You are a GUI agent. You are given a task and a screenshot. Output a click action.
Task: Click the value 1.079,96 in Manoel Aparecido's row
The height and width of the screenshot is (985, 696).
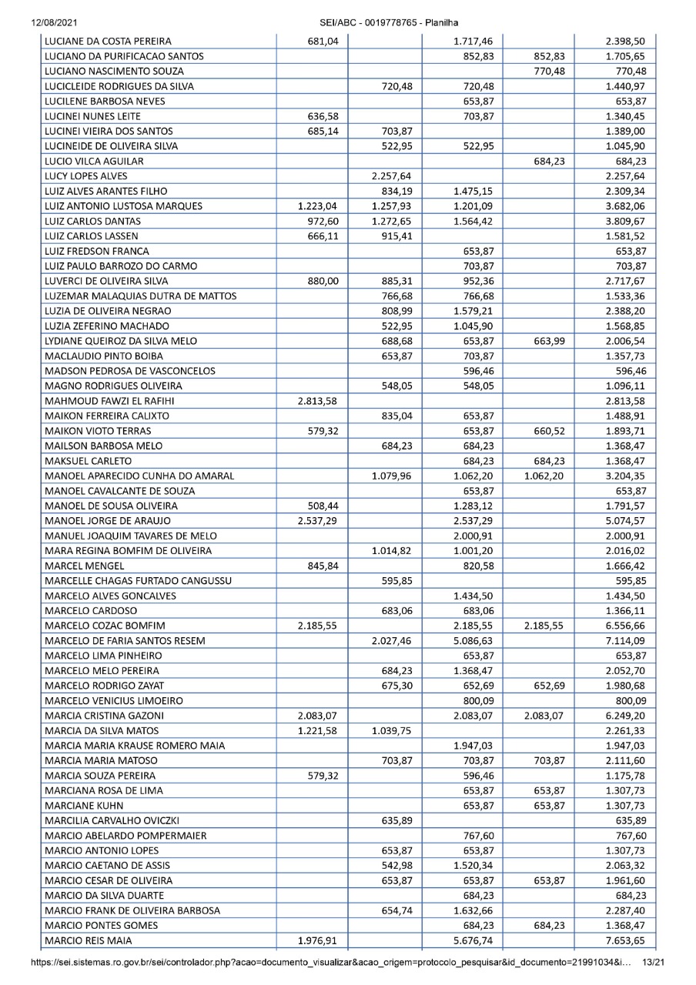tap(392, 476)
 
